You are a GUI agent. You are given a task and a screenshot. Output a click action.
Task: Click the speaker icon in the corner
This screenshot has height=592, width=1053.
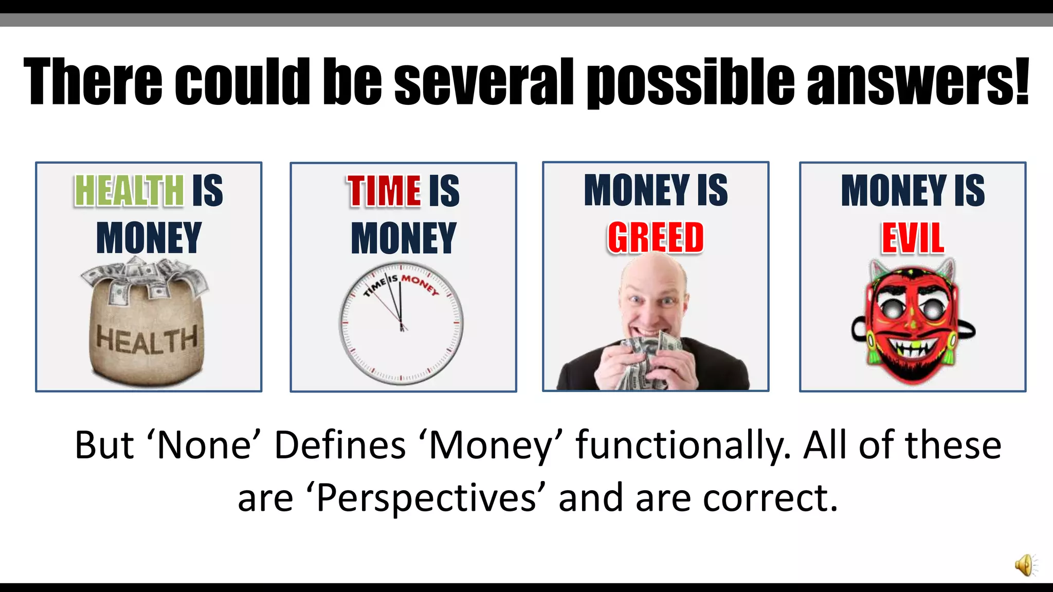click(1025, 565)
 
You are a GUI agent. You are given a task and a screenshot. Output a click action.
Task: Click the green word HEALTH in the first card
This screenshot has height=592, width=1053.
click(129, 190)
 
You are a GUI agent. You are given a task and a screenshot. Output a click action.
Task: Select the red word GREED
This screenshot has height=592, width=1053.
click(656, 238)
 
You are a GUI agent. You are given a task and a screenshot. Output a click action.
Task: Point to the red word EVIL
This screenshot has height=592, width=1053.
click(913, 238)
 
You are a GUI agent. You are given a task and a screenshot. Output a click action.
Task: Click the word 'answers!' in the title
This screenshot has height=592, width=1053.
click(918, 82)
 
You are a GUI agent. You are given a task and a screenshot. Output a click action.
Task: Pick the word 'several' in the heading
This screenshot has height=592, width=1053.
click(484, 82)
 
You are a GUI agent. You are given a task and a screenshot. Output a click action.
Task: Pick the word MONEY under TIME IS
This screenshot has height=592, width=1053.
click(403, 238)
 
